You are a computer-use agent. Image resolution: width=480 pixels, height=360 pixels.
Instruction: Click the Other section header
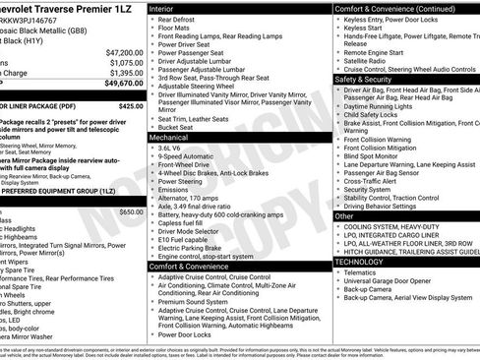pos(344,215)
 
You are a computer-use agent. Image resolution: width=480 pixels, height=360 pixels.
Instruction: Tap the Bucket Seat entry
pos(177,127)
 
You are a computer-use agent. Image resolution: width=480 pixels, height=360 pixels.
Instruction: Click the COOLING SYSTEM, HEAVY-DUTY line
pos(391,227)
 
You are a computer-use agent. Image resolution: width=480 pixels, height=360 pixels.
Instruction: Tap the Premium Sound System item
pos(192,302)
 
